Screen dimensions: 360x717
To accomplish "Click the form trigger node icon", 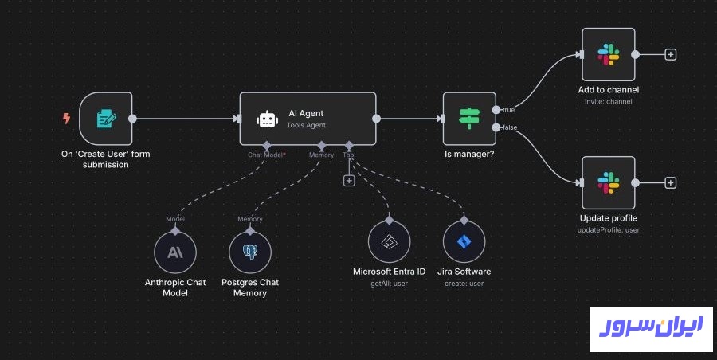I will tap(106, 119).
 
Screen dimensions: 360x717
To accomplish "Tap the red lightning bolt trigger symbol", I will tap(67, 119).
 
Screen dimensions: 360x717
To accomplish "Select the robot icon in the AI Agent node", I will tap(266, 119).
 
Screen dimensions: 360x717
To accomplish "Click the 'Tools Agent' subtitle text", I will tap(306, 126).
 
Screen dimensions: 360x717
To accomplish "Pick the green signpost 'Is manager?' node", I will tap(468, 119).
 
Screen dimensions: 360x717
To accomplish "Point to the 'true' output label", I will tap(507, 109).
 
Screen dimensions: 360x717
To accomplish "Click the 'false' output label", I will tap(509, 127).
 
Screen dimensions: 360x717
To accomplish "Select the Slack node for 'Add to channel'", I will tap(608, 54).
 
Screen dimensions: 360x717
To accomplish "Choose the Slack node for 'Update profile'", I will tap(608, 182).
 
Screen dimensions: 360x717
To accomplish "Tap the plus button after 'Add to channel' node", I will tap(671, 55).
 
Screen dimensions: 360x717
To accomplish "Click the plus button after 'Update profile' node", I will tap(671, 182).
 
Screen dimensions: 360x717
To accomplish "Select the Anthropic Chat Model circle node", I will tap(174, 252).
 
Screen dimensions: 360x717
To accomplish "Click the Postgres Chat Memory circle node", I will tap(250, 252).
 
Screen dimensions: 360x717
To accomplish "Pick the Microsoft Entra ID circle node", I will tap(389, 242).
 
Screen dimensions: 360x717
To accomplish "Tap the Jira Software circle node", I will tap(464, 242).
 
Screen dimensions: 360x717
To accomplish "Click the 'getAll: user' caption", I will tap(389, 284).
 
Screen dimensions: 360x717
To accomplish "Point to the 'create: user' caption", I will tap(464, 284).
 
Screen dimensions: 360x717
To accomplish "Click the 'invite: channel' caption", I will tap(608, 102).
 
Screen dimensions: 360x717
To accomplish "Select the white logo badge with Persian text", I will tap(646, 327).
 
